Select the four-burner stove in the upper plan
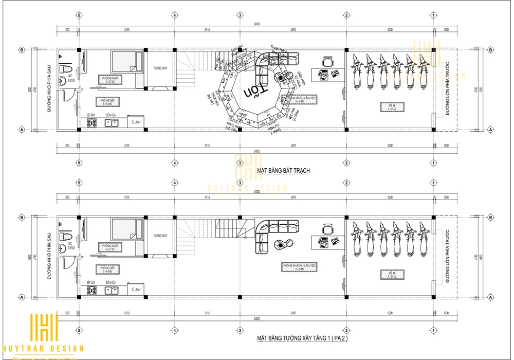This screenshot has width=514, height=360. pyautogui.click(x=93, y=123)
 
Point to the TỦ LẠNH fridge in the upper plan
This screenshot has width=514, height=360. pyautogui.click(x=135, y=122)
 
